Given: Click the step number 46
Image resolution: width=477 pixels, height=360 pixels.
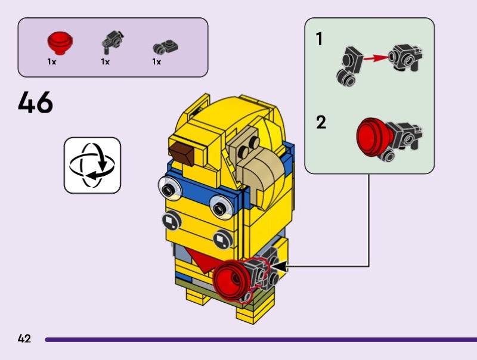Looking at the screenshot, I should coord(35,103).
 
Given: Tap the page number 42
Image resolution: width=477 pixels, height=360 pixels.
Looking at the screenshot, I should coord(24,339).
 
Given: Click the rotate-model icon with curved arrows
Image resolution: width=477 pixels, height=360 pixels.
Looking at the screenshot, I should coord(92,165).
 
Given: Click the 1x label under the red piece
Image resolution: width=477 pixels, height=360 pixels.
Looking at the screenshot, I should coord(52,61).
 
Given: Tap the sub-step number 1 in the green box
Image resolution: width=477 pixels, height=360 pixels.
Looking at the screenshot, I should coord(319,39).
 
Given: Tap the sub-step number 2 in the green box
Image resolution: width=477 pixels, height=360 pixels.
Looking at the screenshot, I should coord(321,123).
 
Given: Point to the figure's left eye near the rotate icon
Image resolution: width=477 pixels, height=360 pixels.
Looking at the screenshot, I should coord(170,189).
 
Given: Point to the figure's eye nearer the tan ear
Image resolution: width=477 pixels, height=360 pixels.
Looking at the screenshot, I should coord(221,206).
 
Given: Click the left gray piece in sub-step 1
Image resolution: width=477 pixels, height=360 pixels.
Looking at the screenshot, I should coord(348,64).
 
